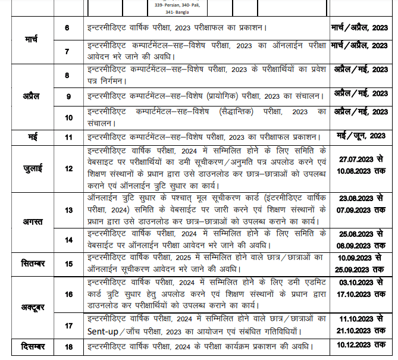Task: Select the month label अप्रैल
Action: tap(32, 95)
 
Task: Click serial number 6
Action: tap(67, 28)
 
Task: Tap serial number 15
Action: tap(67, 262)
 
